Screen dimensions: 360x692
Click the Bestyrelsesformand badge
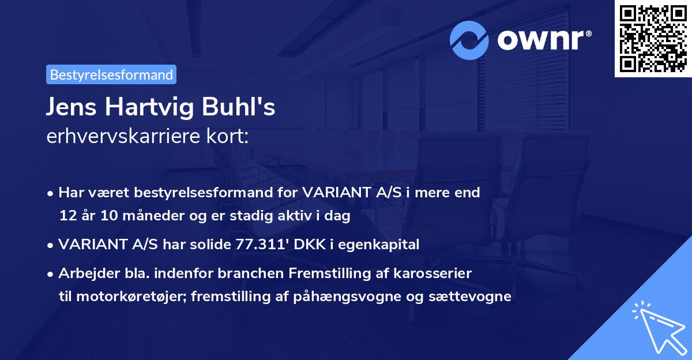(x=111, y=74)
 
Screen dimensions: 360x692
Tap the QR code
(x=653, y=39)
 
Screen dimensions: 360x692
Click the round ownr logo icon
(x=470, y=40)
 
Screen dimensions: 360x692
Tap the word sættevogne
(x=475, y=297)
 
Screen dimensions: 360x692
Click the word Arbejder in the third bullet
(x=85, y=273)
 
